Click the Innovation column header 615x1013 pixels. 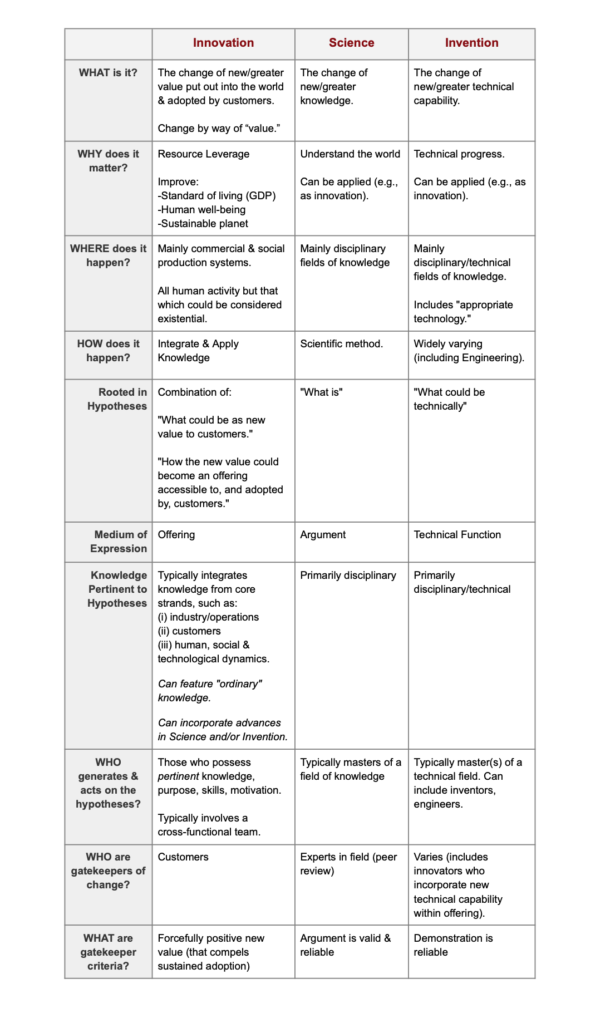[223, 43]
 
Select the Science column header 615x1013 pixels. [351, 43]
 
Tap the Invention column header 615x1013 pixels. [471, 43]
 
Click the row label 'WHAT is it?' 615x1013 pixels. [108, 73]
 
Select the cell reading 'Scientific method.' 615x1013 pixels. [341, 344]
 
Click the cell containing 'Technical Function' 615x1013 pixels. [457, 535]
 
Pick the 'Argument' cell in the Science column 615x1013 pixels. [323, 535]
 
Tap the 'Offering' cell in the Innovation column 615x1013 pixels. [176, 535]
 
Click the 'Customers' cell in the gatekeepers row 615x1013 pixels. [183, 857]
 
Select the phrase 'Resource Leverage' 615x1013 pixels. [204, 154]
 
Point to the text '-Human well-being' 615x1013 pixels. [201, 210]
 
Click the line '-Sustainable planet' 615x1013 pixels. [203, 224]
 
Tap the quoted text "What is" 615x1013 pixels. [321, 392]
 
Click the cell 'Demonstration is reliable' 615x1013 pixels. [453, 945]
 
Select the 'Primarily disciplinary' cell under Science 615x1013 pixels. [348, 576]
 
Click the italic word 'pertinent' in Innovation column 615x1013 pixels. [179, 776]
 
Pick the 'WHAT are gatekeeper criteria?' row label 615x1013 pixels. [108, 952]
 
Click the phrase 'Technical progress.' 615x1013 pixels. [459, 154]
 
